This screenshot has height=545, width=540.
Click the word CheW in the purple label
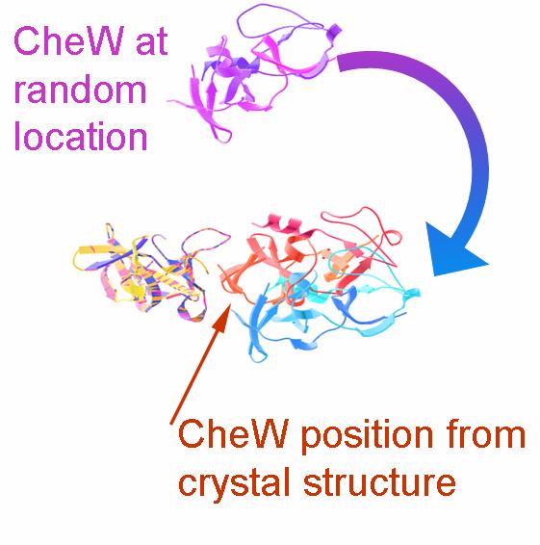[x=68, y=41]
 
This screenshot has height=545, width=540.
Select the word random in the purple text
[x=80, y=90]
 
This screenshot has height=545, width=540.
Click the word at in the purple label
[x=152, y=43]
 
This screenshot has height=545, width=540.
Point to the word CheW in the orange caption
[x=233, y=433]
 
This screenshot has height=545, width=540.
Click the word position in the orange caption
[x=369, y=436]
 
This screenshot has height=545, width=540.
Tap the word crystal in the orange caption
[x=234, y=483]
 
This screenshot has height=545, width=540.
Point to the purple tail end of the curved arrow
[x=339, y=63]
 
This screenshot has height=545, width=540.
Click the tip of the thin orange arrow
[x=229, y=303]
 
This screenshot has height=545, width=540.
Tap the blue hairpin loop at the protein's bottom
[x=258, y=353]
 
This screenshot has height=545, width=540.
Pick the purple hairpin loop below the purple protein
[x=222, y=133]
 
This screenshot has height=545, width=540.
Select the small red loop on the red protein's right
[x=395, y=237]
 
